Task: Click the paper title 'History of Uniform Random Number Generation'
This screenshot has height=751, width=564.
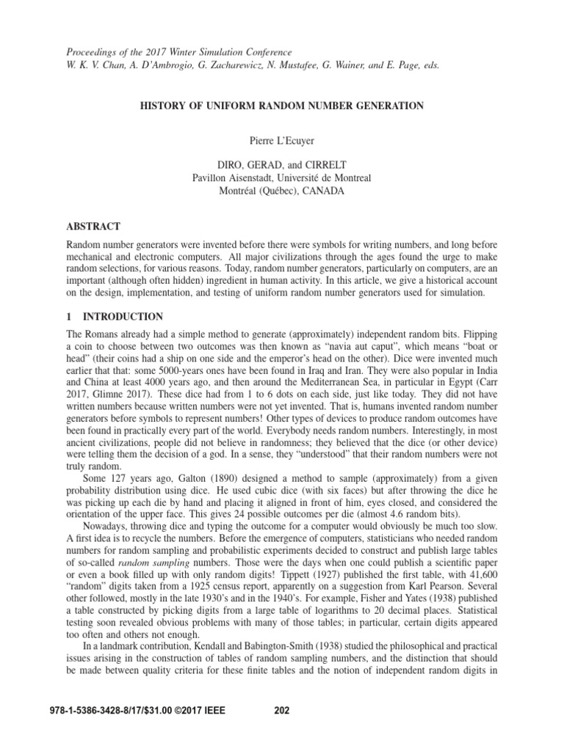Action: (282, 106)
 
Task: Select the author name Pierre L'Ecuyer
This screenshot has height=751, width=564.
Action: (282, 139)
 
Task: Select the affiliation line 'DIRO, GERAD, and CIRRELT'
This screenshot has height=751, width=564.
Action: (282, 165)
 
